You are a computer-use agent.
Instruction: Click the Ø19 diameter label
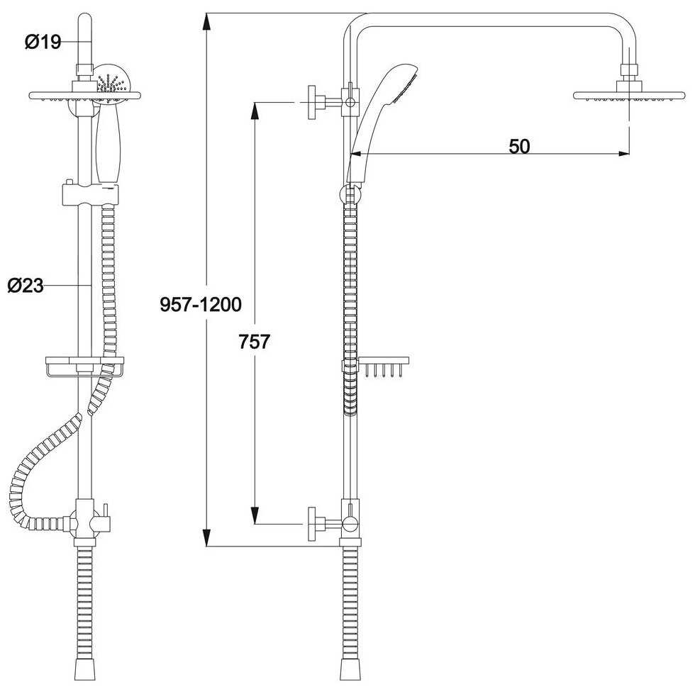(x=43, y=42)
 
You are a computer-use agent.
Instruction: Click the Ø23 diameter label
(x=26, y=286)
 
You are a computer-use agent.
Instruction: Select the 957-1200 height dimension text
(x=201, y=304)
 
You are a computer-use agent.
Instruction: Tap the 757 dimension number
(x=254, y=342)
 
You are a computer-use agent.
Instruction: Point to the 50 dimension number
(x=519, y=146)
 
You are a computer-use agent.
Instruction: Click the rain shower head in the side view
(x=630, y=95)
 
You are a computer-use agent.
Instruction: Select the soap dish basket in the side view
(x=382, y=366)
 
